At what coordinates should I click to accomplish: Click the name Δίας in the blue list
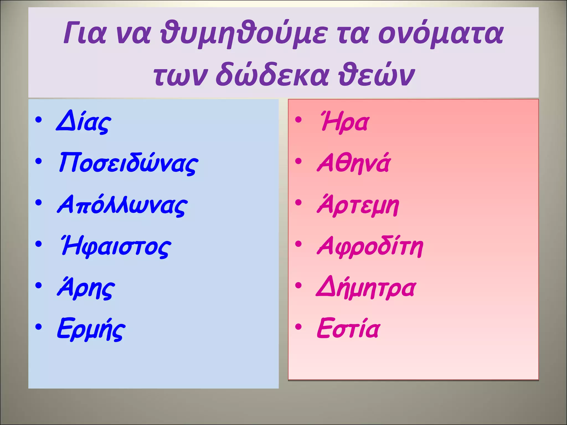coord(83,122)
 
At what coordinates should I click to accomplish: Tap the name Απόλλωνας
coord(122,205)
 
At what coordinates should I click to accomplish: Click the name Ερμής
coord(91,329)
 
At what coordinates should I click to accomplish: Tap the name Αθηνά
coord(353,163)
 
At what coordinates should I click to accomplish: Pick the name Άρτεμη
coord(358,205)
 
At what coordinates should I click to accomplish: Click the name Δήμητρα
coord(366,288)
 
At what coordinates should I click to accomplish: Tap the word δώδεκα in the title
coord(272,75)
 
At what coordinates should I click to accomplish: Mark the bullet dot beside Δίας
coord(39,120)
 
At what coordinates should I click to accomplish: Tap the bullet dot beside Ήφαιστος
coord(39,244)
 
